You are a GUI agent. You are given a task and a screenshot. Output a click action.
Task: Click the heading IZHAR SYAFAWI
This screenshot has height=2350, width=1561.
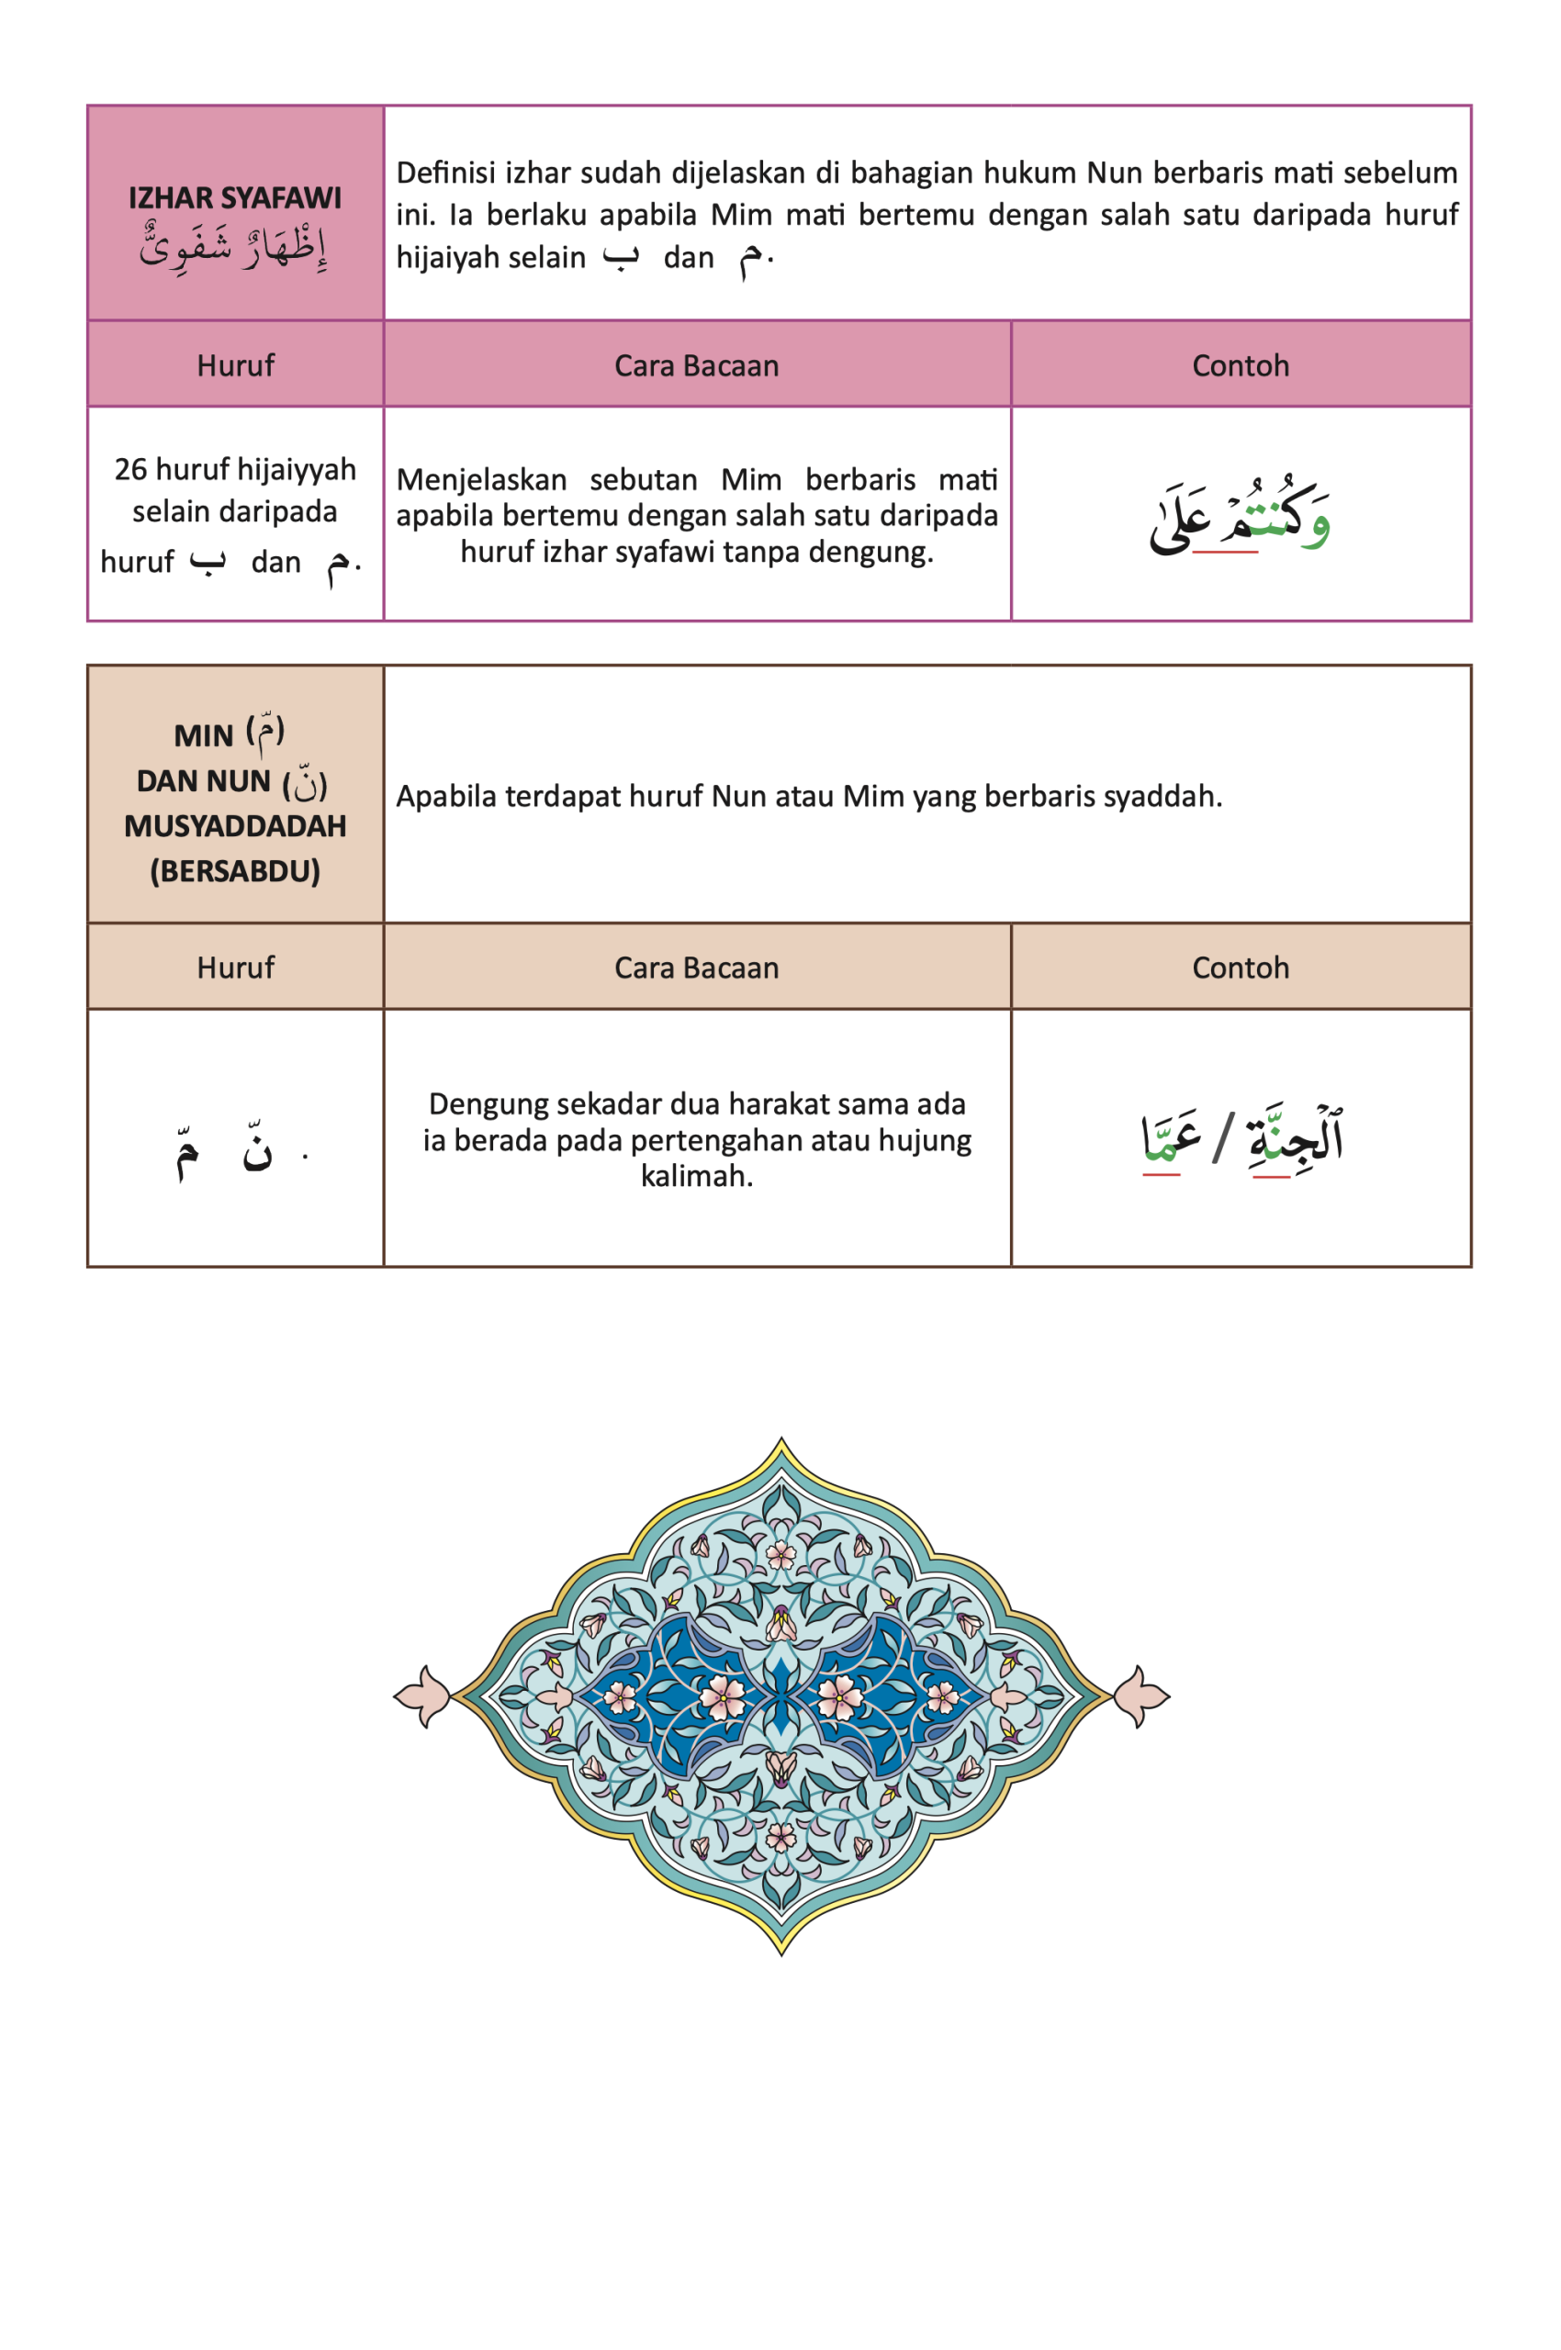pos(235,198)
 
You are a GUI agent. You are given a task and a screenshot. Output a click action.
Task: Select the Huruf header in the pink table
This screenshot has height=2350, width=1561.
pos(235,365)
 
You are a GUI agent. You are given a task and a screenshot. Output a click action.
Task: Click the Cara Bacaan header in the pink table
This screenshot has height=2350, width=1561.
pos(696,365)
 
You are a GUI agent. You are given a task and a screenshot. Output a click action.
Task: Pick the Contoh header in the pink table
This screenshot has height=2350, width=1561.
pos(1241,365)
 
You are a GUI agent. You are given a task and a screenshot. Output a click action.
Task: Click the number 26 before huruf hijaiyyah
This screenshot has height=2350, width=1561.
pos(129,469)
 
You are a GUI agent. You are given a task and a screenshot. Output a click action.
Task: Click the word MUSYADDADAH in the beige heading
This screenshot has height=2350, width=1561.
pos(235,826)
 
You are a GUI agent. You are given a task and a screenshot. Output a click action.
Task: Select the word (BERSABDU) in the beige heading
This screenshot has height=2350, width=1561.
pos(235,871)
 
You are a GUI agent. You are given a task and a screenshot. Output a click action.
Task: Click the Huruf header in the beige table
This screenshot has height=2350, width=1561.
pos(235,968)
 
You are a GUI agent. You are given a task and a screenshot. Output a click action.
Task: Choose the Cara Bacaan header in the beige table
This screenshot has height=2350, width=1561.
pos(696,968)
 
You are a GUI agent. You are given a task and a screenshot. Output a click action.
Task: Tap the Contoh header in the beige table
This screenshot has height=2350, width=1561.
pos(1241,968)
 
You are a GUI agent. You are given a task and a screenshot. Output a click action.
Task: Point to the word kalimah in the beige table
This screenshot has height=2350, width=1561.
pos(696,1176)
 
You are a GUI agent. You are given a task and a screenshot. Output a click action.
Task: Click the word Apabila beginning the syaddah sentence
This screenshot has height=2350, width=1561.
pos(445,796)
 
